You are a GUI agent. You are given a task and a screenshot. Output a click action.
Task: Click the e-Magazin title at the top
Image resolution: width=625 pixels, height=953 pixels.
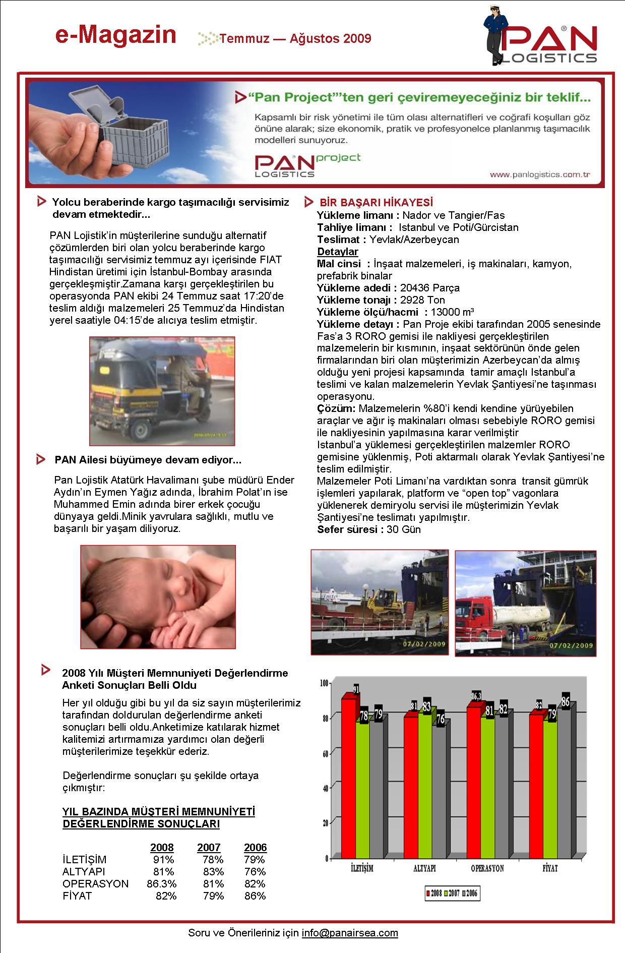click(116, 35)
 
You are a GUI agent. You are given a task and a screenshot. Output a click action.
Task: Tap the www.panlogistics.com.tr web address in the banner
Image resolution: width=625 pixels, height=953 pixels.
click(540, 174)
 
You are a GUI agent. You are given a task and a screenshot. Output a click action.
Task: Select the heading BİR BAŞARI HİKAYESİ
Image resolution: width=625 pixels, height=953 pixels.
click(376, 203)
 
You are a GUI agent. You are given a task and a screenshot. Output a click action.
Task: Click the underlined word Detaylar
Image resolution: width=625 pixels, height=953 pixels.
click(338, 252)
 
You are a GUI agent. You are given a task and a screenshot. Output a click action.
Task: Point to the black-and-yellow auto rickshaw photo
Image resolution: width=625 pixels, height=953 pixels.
click(162, 391)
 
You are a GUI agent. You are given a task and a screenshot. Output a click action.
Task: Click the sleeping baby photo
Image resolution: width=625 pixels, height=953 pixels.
click(158, 597)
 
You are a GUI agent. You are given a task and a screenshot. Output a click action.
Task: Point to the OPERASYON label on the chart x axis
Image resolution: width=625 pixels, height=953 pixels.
click(487, 868)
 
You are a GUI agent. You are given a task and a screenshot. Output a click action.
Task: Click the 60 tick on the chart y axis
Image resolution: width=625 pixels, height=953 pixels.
click(325, 753)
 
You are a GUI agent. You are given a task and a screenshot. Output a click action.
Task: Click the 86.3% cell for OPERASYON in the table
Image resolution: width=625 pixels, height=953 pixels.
click(161, 884)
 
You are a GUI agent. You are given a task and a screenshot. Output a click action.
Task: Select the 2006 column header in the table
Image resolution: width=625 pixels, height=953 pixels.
click(255, 848)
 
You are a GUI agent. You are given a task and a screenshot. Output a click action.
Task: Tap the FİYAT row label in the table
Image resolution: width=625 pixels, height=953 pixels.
click(77, 896)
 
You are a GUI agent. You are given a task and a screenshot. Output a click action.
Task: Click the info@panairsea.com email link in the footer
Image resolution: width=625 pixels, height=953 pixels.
click(350, 933)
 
